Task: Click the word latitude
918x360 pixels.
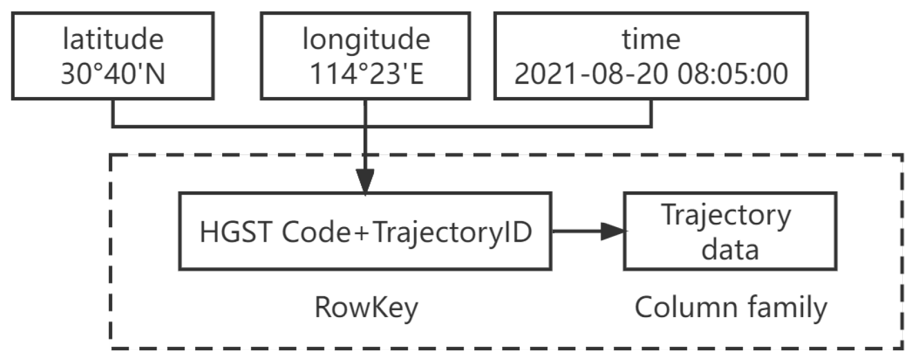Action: (113, 39)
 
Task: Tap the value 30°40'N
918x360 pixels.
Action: (113, 73)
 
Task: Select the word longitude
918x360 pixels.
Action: (366, 39)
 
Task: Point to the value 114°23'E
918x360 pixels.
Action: (366, 73)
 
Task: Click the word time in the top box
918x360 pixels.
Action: (650, 39)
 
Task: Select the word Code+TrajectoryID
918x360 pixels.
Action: (407, 232)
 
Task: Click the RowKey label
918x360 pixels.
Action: (366, 307)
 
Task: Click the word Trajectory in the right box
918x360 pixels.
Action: (726, 215)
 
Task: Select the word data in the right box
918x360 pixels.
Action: (729, 250)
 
